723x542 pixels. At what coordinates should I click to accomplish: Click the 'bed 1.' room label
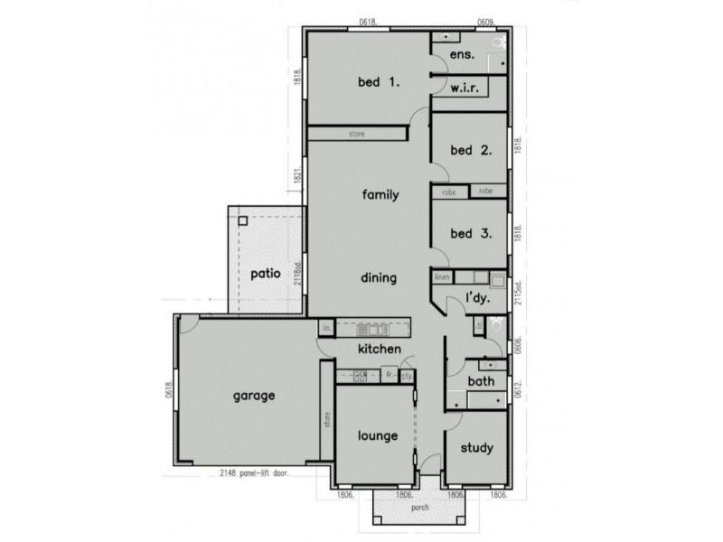(x=379, y=82)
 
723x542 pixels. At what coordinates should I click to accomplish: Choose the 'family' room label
(x=380, y=194)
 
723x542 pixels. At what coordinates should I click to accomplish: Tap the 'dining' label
(x=379, y=277)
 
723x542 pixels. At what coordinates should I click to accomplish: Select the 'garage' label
(x=254, y=395)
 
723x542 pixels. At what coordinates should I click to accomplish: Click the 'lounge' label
(x=377, y=435)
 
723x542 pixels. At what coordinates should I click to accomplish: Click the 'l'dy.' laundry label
(x=477, y=298)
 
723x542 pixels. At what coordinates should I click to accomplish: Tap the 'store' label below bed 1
(x=356, y=134)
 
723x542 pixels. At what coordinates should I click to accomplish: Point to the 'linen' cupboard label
(x=442, y=276)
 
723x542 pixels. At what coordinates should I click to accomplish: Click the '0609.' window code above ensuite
(x=488, y=22)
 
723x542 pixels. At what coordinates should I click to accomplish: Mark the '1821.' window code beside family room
(x=296, y=177)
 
